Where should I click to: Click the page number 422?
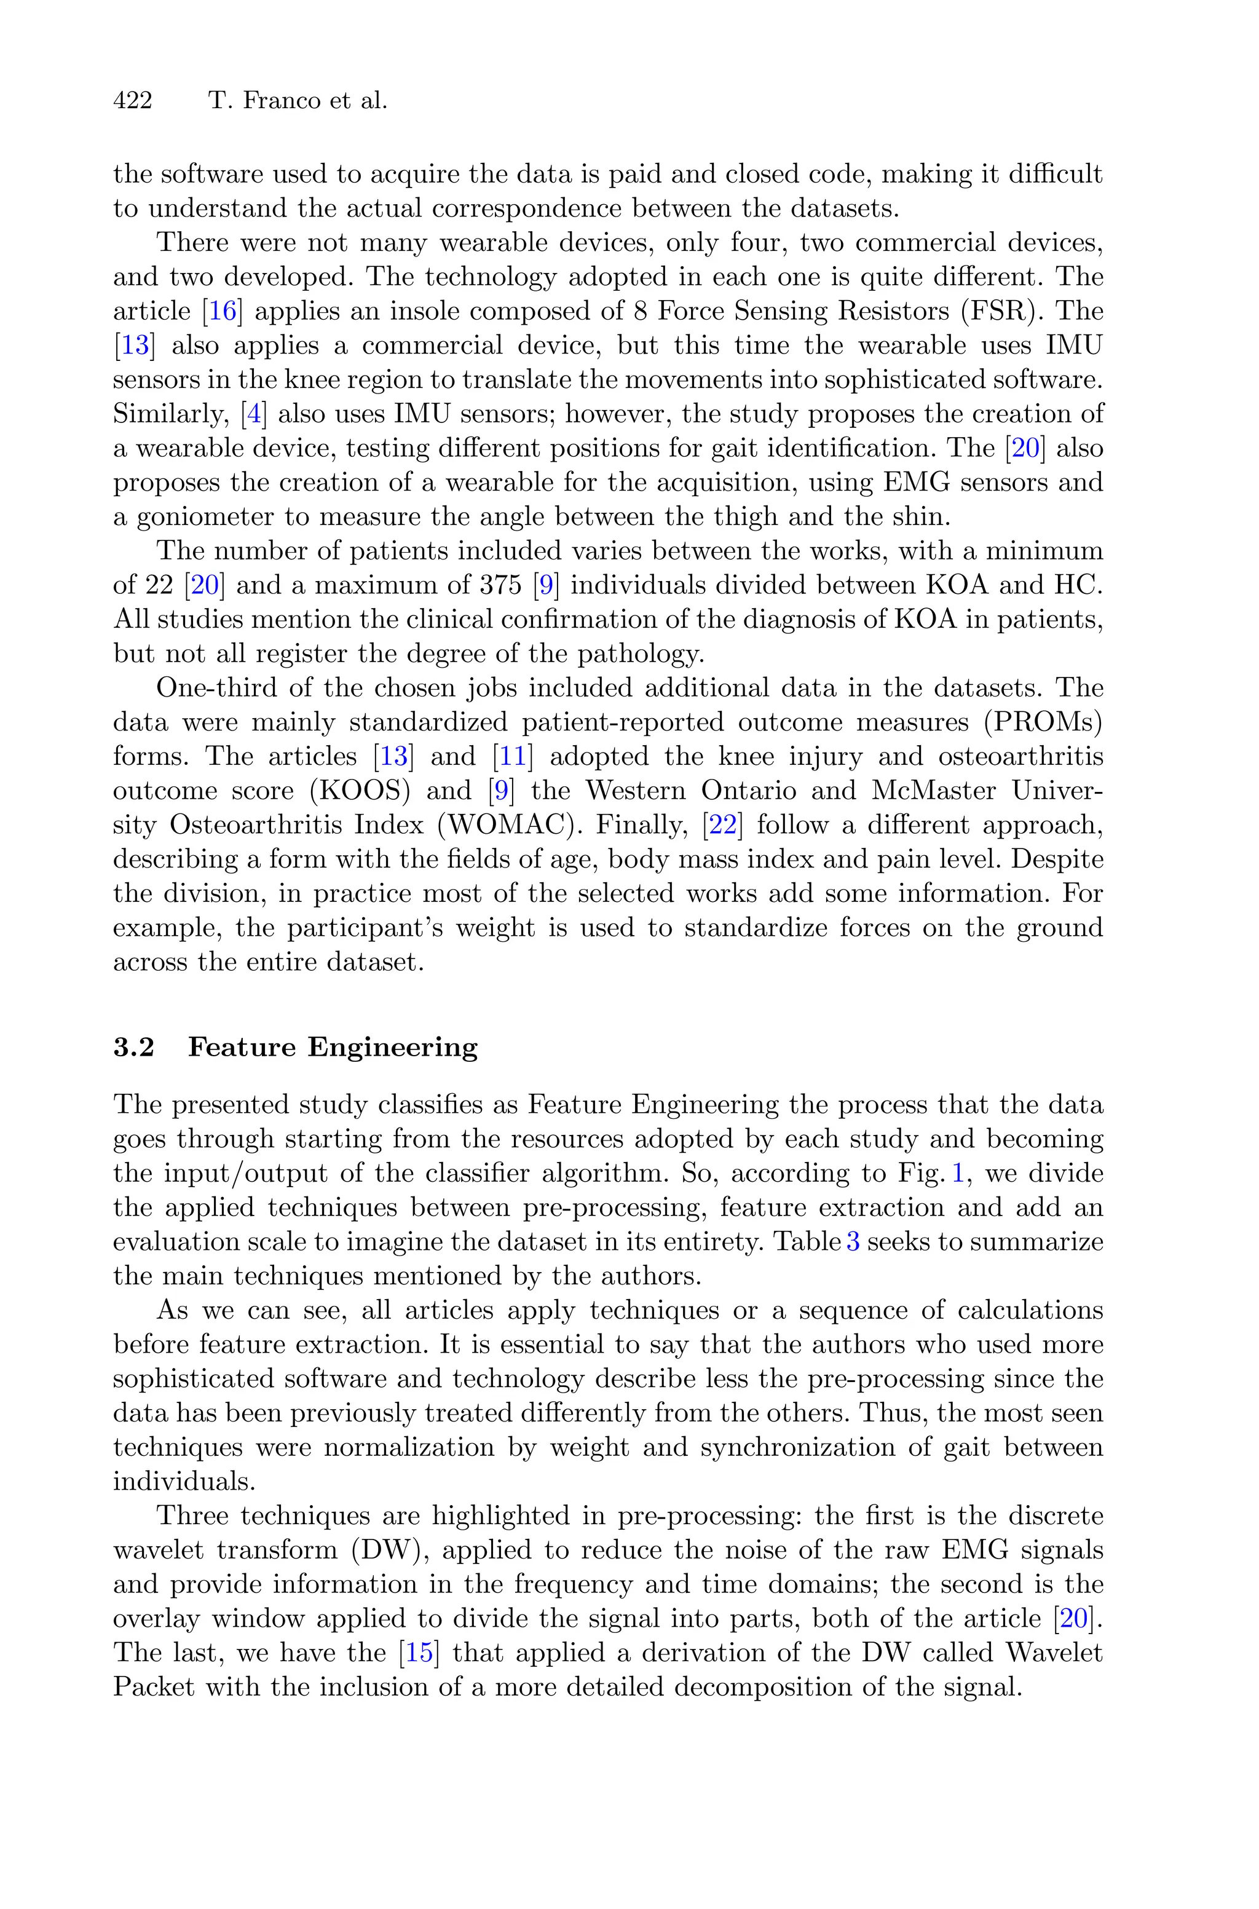click(x=133, y=101)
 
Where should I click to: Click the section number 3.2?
click(x=133, y=1048)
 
